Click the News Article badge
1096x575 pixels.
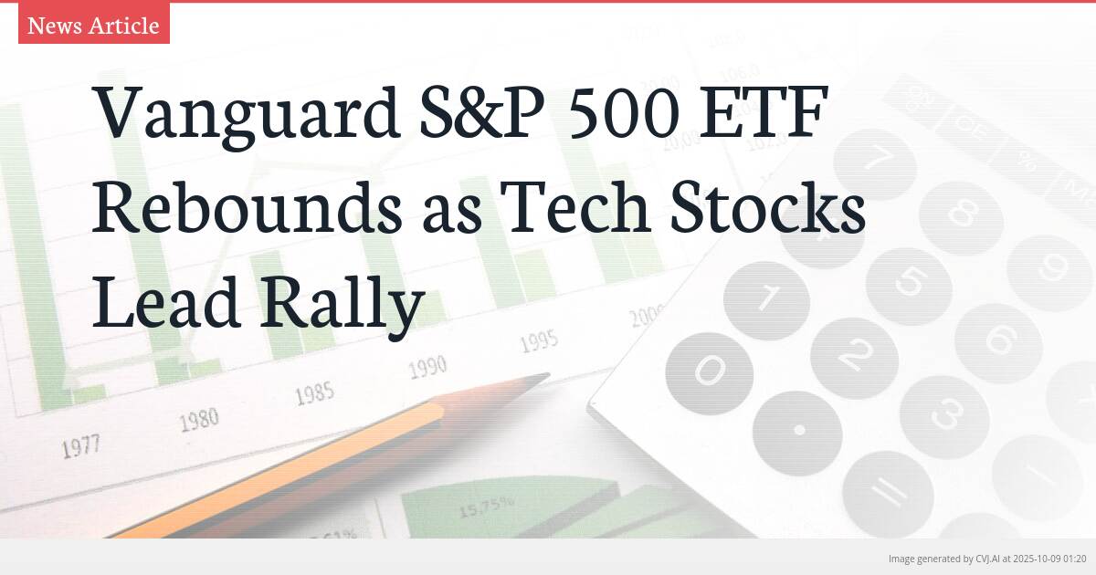93,25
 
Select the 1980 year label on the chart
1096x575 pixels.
198,421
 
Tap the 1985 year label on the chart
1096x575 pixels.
314,395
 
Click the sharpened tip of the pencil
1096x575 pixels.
543,376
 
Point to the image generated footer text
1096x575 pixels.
987,558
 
